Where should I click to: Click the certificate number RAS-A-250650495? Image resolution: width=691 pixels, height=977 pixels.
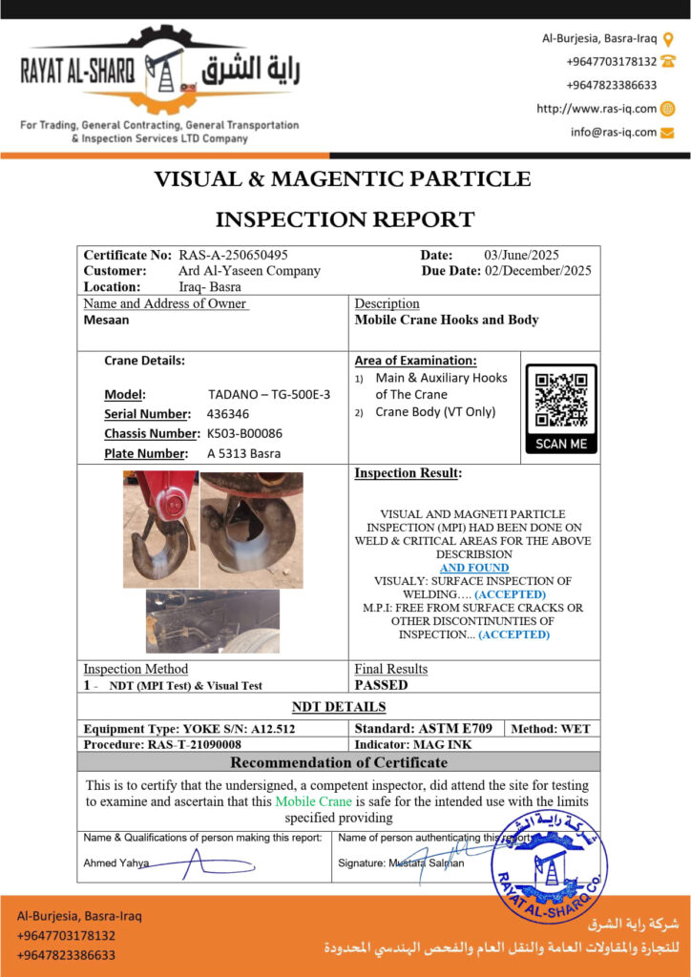tap(233, 255)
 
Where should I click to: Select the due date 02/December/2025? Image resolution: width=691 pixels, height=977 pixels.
tap(537, 271)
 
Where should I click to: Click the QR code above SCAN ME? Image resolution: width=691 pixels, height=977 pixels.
tap(562, 400)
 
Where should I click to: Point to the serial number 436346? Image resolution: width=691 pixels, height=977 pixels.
tap(228, 414)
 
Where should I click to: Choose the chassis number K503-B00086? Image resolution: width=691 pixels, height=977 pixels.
tap(245, 433)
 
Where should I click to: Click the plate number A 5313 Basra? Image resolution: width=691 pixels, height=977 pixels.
tap(244, 453)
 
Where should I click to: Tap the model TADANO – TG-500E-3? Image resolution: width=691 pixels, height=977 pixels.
tap(269, 394)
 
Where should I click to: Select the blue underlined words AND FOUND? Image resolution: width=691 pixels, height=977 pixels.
tap(474, 568)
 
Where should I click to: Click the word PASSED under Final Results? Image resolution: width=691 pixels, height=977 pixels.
tap(381, 685)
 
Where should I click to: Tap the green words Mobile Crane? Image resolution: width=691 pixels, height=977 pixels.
tap(313, 801)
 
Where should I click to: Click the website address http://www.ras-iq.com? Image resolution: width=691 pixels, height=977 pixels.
tap(596, 109)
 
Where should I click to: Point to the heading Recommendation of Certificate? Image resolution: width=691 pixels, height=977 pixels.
tap(339, 762)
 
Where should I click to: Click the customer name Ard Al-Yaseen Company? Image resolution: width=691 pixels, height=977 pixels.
tap(250, 271)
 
